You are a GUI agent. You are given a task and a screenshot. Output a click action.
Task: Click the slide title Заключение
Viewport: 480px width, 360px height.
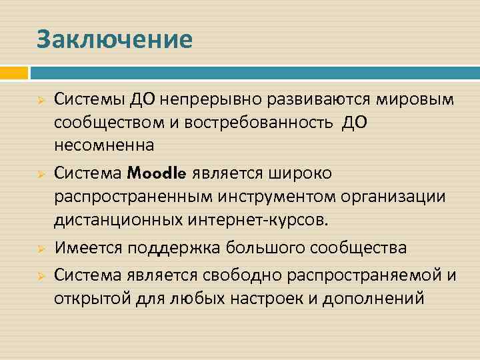click(115, 39)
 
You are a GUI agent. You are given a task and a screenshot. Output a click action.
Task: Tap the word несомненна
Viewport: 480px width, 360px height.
click(104, 145)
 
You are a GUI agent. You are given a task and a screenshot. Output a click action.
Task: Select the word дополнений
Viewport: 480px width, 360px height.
click(373, 297)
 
